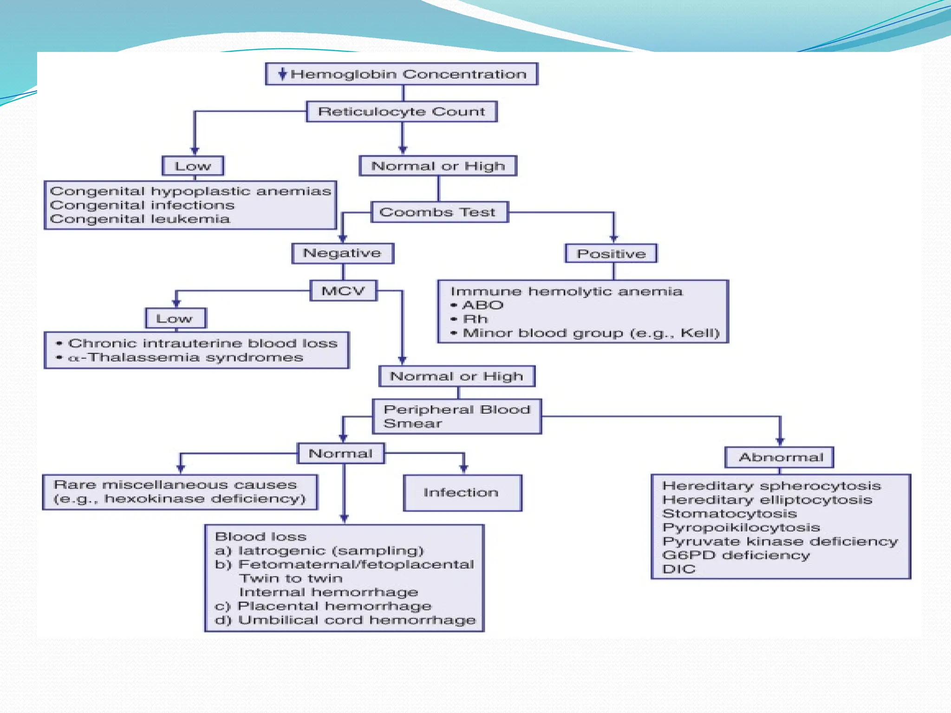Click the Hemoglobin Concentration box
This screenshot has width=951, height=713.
pos(402,74)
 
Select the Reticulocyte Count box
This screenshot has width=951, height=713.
pos(402,112)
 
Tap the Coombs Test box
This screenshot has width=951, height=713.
pos(439,212)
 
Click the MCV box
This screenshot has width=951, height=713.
pos(343,291)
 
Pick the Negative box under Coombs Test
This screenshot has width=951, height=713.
pos(343,253)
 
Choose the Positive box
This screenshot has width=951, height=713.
pos(611,254)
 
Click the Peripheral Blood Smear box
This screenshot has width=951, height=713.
pos(457,416)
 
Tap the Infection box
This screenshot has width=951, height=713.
pos(462,493)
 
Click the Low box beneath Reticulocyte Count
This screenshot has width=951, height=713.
pos(193,166)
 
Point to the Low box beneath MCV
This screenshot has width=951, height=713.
pos(175,319)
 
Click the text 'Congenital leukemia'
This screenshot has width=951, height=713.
pos(140,219)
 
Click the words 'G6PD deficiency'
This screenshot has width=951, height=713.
pos(736,555)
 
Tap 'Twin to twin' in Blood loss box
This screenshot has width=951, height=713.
pos(291,578)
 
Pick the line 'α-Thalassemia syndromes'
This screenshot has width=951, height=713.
pos(186,357)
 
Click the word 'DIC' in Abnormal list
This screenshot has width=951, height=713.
pos(679,569)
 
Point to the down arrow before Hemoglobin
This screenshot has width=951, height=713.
pos(282,74)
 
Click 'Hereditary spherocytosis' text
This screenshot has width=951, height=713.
pos(771,486)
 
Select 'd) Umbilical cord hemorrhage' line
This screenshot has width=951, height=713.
pos(345,620)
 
